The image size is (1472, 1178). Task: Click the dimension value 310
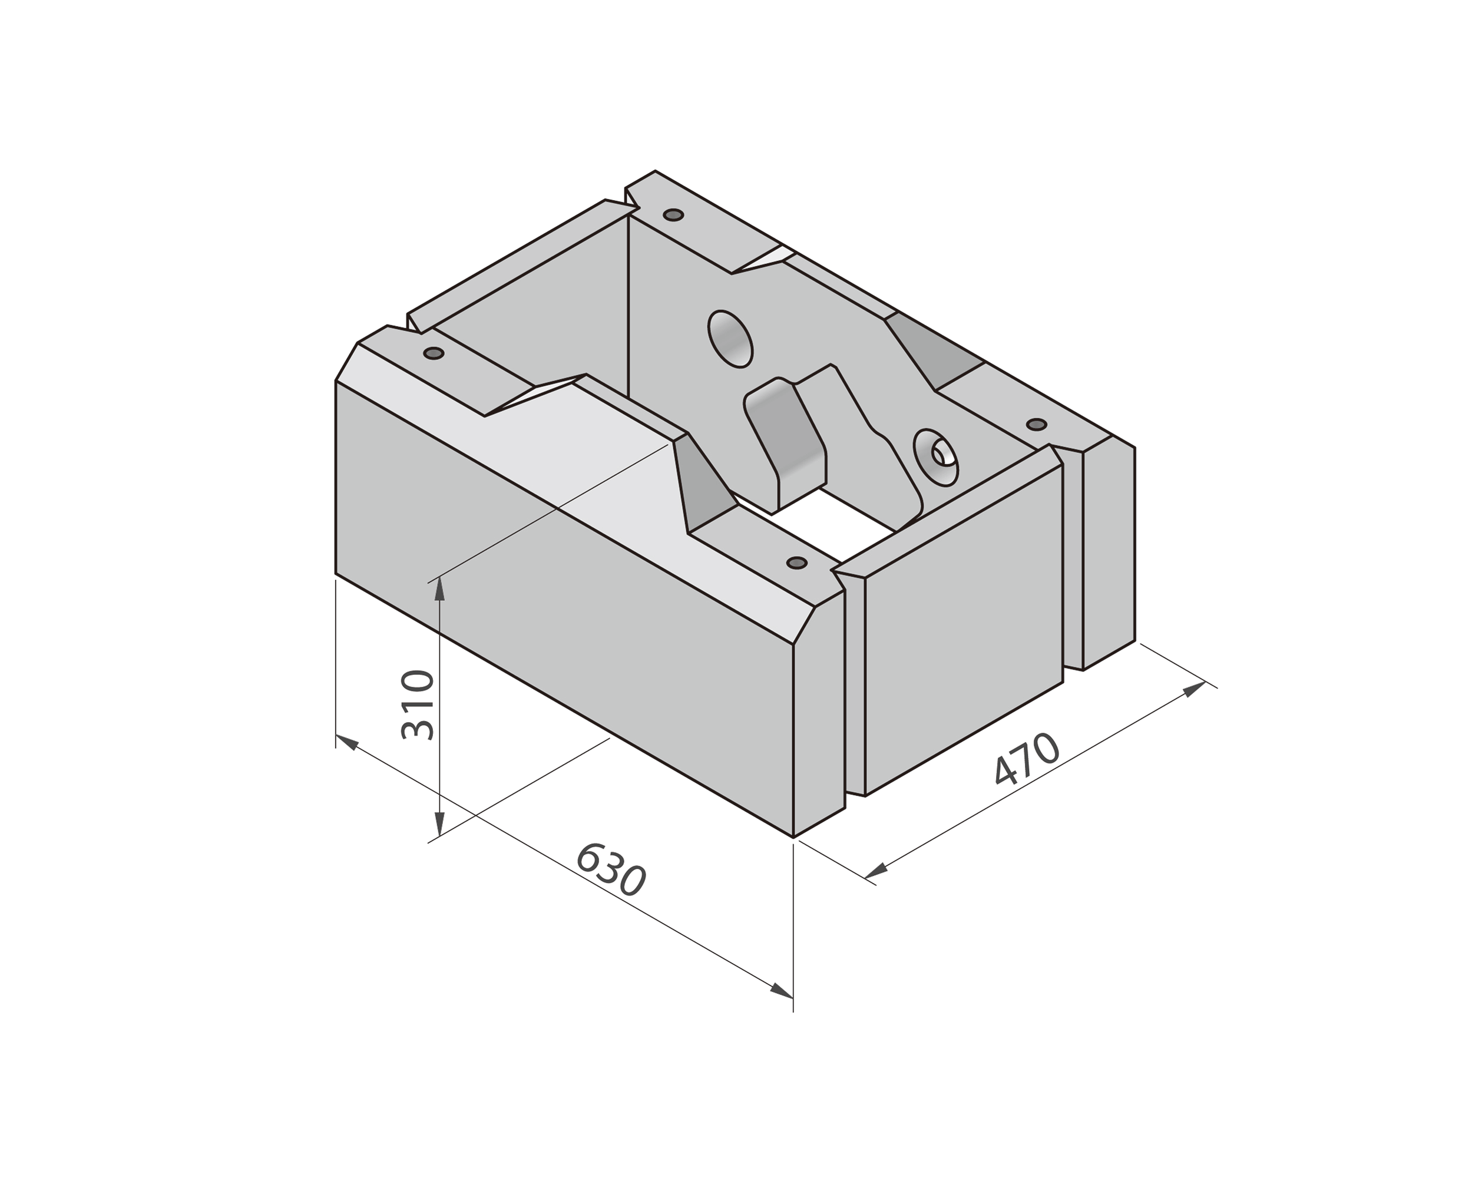[x=417, y=705]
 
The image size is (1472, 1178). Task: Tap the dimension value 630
[x=610, y=869]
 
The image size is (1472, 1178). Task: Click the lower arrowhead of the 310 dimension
[x=439, y=823]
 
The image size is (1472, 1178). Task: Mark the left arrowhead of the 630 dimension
[x=347, y=742]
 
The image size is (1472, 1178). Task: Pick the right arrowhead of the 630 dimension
[x=781, y=991]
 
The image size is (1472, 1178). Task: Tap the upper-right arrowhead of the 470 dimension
[x=1194, y=689]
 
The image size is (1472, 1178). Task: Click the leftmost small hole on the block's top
[x=434, y=353]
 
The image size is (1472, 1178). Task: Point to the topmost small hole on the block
[x=674, y=215]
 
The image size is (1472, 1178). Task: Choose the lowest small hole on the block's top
[x=797, y=562]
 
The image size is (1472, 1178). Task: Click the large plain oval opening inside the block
[x=730, y=338]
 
